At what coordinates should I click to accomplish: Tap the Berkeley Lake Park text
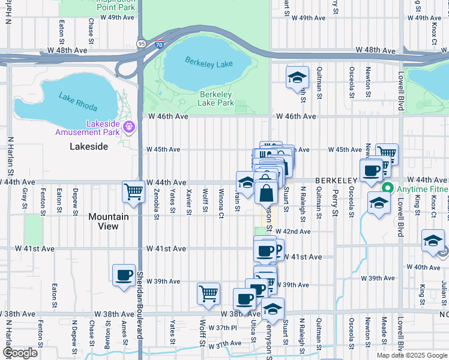click(216, 99)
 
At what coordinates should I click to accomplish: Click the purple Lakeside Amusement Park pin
click(129, 127)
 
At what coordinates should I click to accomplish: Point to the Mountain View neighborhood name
click(109, 221)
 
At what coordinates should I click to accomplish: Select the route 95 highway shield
click(141, 43)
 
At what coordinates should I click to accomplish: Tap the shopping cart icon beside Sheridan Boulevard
click(133, 192)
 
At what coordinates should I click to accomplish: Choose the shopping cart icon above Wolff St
click(208, 293)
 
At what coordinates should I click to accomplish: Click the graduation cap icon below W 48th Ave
click(297, 77)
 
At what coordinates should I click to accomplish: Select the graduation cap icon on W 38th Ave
click(273, 310)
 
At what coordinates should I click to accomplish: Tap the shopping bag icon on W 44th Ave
click(265, 193)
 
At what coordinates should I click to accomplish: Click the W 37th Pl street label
click(223, 328)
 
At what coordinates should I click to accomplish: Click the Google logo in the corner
click(20, 353)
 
